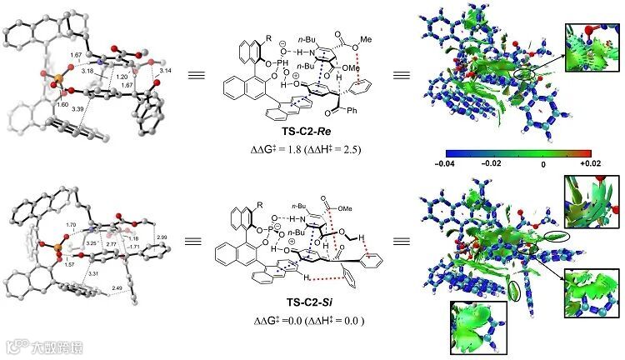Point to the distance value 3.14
[165, 72]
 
